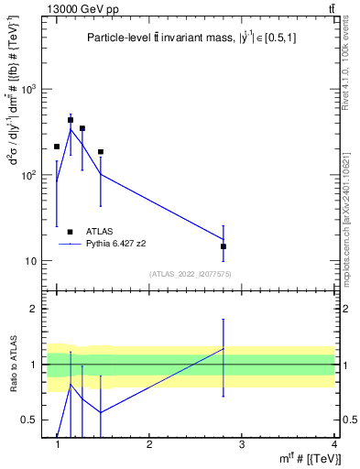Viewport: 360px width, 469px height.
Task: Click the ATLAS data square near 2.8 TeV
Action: [224, 246]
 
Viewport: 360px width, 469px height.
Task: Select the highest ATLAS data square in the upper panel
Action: [71, 120]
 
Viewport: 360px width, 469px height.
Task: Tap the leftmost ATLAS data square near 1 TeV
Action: [57, 147]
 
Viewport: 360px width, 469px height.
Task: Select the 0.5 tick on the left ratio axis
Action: [36, 420]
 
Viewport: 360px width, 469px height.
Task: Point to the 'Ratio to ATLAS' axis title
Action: [12, 365]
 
